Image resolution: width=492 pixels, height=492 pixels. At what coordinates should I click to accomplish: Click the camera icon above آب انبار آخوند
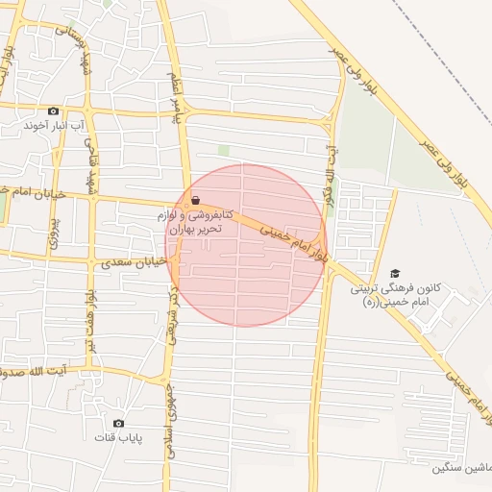[53, 111]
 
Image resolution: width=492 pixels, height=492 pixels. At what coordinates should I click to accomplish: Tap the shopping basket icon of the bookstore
[196, 201]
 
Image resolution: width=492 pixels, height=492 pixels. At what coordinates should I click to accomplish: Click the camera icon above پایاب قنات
[118, 423]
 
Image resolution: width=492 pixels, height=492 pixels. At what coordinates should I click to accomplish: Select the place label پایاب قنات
[118, 438]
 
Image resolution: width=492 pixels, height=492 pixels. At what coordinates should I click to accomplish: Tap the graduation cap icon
[393, 273]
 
